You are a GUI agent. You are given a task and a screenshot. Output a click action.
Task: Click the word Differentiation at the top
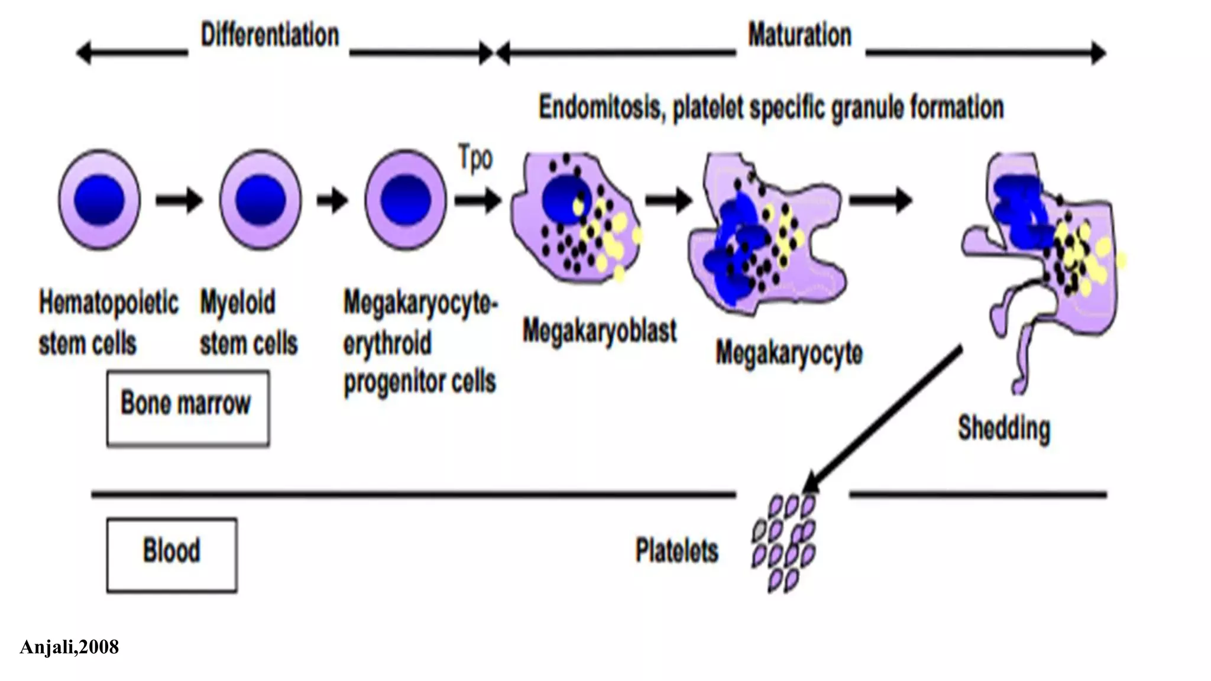(x=270, y=35)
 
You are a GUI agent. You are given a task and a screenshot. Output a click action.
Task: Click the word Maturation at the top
(x=799, y=35)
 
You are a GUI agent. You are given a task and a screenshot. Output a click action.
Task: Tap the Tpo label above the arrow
(x=475, y=159)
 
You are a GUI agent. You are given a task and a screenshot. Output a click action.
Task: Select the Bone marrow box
(x=187, y=408)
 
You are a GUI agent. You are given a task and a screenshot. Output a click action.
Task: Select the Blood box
(x=171, y=554)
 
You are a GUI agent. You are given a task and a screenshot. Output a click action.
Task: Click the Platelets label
(x=676, y=551)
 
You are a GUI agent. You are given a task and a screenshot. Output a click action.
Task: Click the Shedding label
(x=1003, y=429)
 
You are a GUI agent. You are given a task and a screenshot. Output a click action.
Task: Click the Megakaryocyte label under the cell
(x=789, y=354)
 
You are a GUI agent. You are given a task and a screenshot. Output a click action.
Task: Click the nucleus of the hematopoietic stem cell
(x=99, y=200)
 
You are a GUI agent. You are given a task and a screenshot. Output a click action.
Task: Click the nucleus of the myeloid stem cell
(x=260, y=200)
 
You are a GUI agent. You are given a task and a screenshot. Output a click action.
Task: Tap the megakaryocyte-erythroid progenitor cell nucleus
(x=406, y=200)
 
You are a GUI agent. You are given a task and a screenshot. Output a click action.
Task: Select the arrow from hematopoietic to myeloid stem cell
(x=179, y=200)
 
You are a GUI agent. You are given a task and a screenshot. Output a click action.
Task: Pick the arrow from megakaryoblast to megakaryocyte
(x=668, y=200)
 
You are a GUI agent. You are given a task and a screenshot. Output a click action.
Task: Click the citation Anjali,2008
(x=69, y=647)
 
